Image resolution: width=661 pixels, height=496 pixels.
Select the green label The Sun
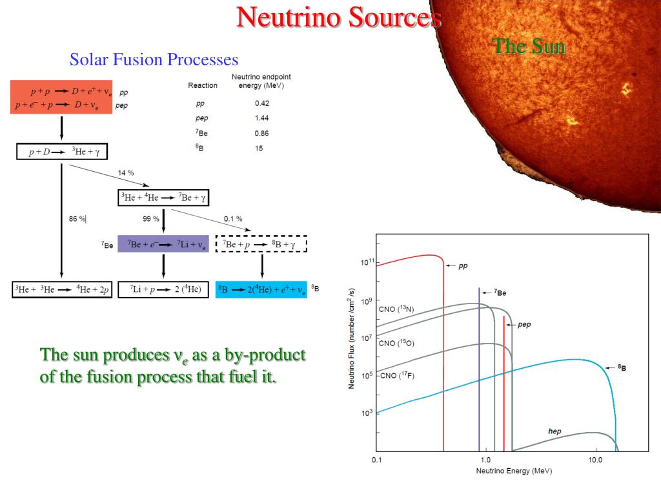(x=528, y=46)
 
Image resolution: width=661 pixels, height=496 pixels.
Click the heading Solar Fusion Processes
(x=154, y=60)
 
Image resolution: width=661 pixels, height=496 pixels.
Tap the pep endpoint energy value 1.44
(x=262, y=118)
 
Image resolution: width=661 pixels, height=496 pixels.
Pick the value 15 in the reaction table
(x=259, y=149)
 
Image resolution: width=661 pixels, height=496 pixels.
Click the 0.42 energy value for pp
(x=262, y=103)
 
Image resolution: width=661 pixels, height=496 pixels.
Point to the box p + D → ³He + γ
(x=61, y=152)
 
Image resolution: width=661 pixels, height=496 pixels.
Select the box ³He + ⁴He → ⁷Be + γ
(x=166, y=197)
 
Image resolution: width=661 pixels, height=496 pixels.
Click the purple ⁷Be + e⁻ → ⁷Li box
(x=163, y=244)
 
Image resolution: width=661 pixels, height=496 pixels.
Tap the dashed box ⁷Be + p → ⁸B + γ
(x=261, y=244)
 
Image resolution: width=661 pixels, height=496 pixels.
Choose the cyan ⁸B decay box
(x=261, y=289)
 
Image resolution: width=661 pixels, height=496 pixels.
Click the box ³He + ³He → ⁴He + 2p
(x=61, y=289)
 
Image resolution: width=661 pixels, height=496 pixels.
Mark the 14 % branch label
(x=126, y=173)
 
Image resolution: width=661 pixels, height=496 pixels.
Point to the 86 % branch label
(x=77, y=219)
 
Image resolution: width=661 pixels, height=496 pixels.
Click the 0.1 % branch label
(x=233, y=219)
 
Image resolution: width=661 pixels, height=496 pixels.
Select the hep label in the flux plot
(x=554, y=431)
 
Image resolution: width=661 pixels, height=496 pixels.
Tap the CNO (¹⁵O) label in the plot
(x=396, y=343)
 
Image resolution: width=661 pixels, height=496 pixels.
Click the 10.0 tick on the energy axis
(x=595, y=460)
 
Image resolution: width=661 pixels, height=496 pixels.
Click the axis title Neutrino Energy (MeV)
(x=514, y=471)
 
